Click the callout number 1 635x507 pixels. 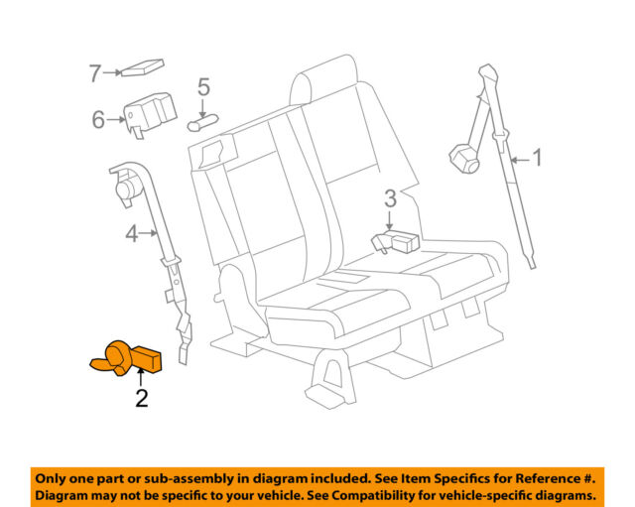click(x=537, y=157)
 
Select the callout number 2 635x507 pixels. click(x=142, y=399)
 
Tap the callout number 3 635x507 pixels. click(x=390, y=196)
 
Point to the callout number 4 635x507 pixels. click(x=132, y=235)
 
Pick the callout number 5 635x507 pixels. click(x=203, y=87)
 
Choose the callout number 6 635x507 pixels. click(x=98, y=119)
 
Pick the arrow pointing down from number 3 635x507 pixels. click(x=390, y=219)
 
